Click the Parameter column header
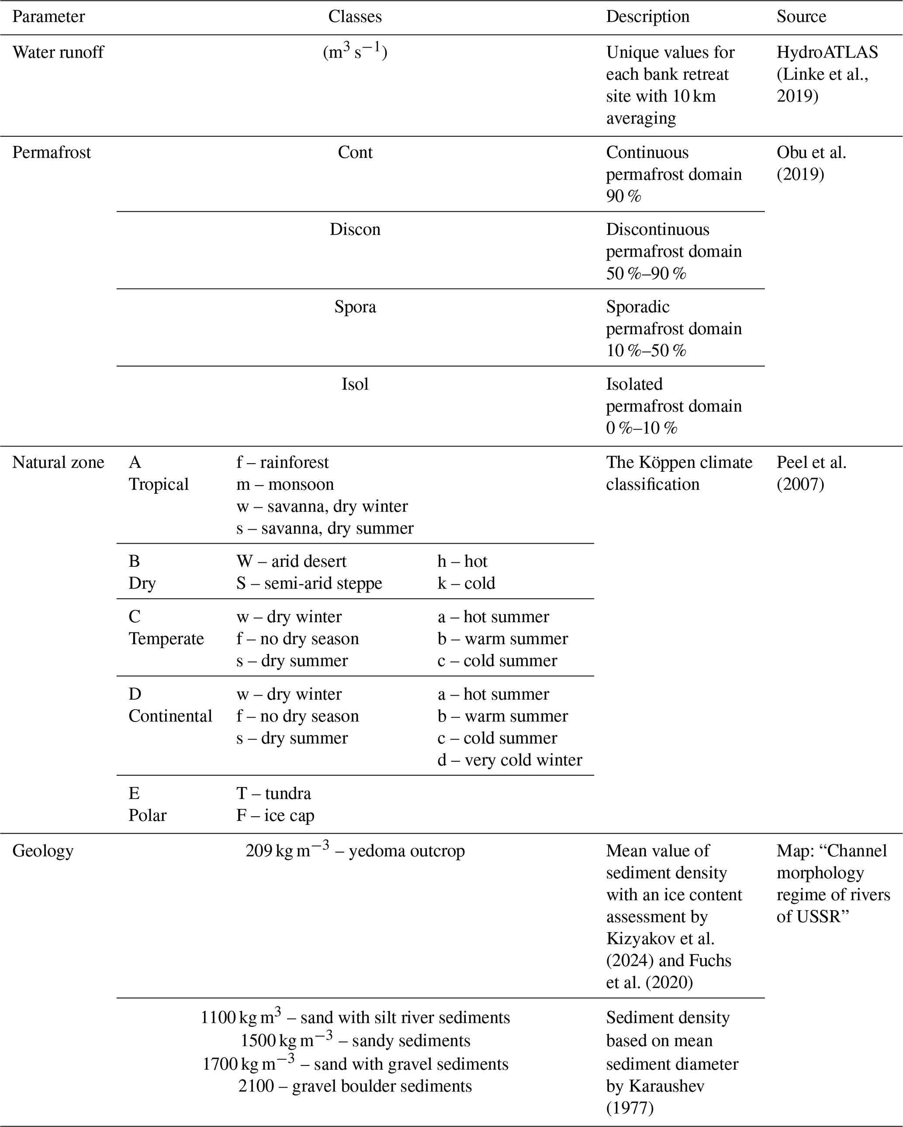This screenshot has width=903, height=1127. (48, 17)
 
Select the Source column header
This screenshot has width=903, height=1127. (801, 17)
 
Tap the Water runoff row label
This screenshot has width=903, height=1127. (58, 52)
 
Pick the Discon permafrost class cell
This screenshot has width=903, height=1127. (355, 229)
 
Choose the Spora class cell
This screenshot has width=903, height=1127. (355, 307)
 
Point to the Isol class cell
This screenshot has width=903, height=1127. (355, 384)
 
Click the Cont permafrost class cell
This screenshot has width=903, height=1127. (355, 152)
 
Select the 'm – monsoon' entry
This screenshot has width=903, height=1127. (285, 485)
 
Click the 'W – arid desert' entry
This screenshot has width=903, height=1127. (291, 562)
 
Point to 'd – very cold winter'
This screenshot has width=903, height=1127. (509, 760)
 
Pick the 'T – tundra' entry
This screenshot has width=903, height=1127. (273, 794)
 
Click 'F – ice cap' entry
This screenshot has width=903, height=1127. (275, 815)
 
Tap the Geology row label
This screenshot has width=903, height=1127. (43, 851)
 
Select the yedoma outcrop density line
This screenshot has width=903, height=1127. (355, 851)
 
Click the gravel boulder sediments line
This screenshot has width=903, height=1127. (355, 1086)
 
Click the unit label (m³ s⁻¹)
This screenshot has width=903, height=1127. (355, 52)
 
